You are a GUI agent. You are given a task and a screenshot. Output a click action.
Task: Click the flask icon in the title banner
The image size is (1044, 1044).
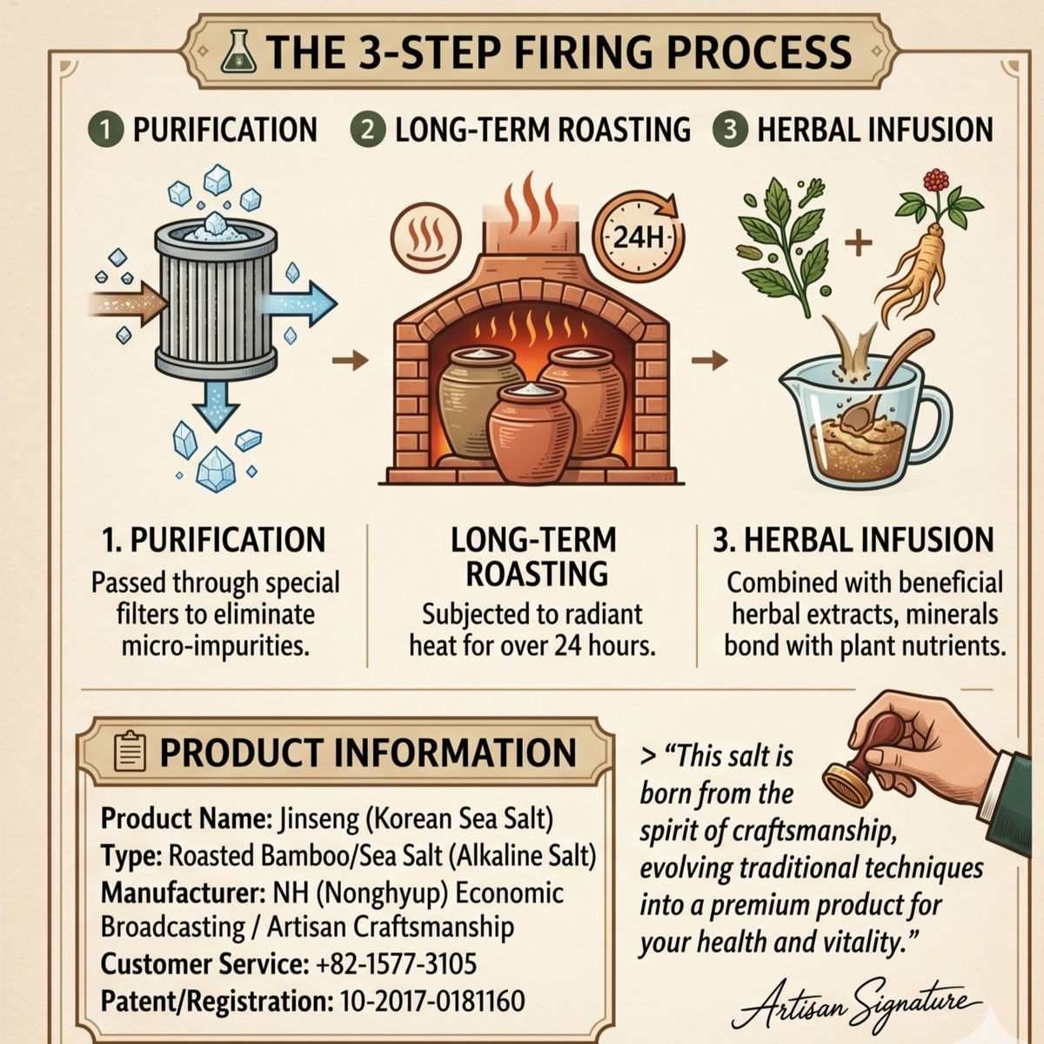tap(238, 51)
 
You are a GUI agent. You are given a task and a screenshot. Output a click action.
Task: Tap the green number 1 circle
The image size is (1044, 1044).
tap(106, 129)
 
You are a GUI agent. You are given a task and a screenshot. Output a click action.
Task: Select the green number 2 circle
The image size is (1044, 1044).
tap(368, 129)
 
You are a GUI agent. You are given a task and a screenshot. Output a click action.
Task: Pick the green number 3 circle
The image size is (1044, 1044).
tap(730, 129)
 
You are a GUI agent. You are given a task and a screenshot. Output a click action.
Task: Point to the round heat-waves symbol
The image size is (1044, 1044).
tap(425, 238)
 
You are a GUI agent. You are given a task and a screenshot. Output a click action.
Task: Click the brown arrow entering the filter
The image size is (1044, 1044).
tap(128, 304)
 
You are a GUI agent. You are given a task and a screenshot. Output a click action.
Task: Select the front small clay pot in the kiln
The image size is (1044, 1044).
tap(531, 431)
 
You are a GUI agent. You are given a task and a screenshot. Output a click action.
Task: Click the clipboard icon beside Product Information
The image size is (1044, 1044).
tap(130, 752)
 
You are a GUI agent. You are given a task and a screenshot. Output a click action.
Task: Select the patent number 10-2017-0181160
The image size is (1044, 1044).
tap(432, 1000)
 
